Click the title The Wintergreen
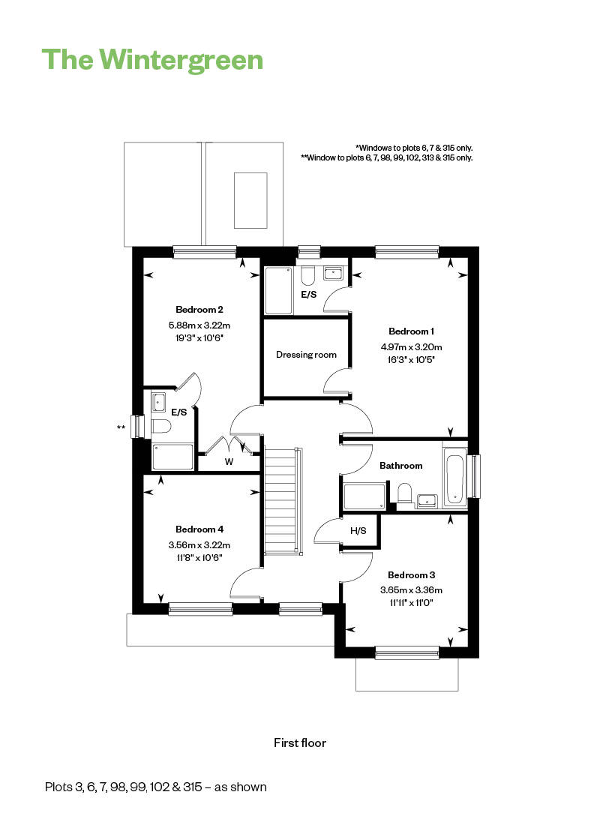(x=152, y=59)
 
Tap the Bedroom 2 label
(x=199, y=309)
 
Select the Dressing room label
(x=306, y=355)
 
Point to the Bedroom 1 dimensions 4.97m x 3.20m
(x=412, y=346)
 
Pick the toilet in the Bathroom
(x=405, y=493)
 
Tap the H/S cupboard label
(x=358, y=531)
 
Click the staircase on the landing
(x=283, y=499)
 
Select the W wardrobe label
(x=229, y=462)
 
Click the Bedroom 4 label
(x=199, y=529)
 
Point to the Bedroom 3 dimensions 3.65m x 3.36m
(x=412, y=589)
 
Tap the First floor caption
(x=300, y=743)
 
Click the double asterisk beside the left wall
(x=121, y=427)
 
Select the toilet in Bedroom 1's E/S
(x=308, y=275)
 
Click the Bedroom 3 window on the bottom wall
(x=406, y=654)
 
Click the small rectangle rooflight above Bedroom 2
(x=250, y=200)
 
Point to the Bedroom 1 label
(x=412, y=331)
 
